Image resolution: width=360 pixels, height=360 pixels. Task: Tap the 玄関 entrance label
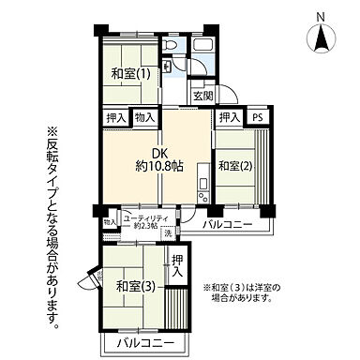[203, 96]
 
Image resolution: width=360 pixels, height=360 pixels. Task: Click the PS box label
[257, 117]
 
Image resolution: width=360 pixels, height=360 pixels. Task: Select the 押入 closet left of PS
[228, 117]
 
